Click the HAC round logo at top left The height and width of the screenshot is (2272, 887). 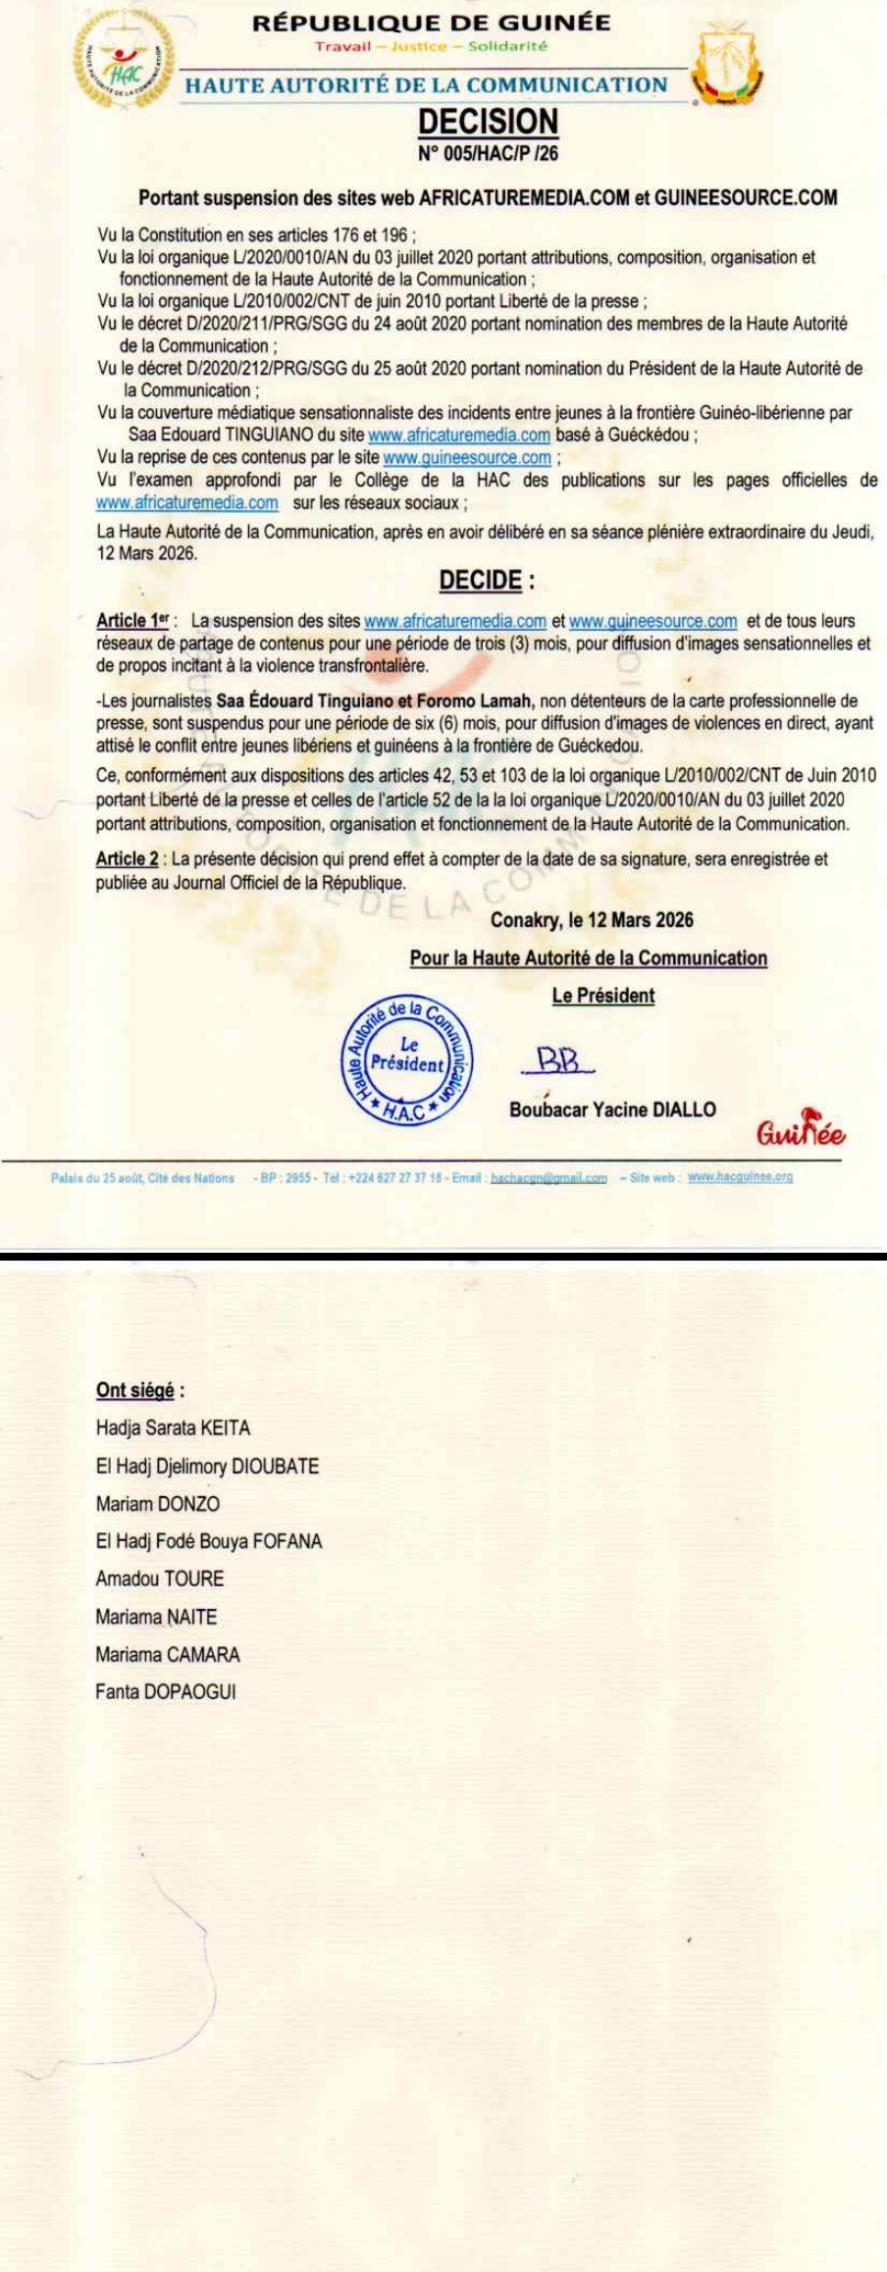(x=124, y=67)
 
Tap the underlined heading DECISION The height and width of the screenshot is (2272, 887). (x=488, y=122)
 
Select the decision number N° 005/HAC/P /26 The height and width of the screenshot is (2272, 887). (x=488, y=153)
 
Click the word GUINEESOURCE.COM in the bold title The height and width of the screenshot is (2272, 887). (x=746, y=197)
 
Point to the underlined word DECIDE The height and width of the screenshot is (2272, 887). (x=480, y=580)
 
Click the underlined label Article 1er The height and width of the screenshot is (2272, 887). (x=133, y=621)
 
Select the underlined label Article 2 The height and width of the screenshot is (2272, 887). (x=127, y=858)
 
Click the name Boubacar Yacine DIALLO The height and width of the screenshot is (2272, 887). (x=612, y=1110)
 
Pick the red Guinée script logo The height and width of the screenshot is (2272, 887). (x=800, y=1133)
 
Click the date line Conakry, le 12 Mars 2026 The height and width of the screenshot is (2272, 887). (x=592, y=920)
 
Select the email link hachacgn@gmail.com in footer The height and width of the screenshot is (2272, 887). (x=548, y=1177)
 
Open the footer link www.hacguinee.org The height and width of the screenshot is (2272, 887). (x=740, y=1176)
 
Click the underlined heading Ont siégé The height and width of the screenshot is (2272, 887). (x=135, y=1390)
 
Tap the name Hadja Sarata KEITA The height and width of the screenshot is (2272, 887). (x=173, y=1428)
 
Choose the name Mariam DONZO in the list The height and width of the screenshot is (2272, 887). (x=158, y=1504)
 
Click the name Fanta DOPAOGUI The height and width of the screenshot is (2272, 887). (x=165, y=1692)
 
